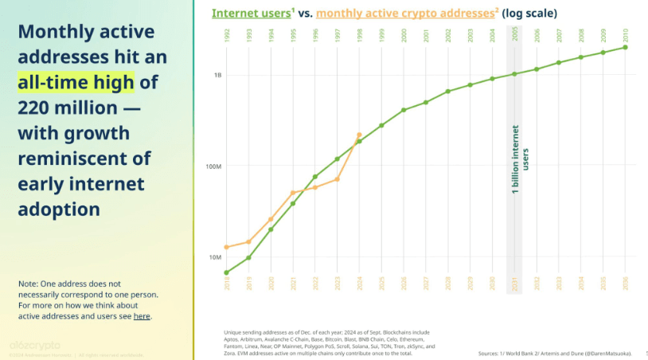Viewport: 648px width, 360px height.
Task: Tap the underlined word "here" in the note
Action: [x=141, y=316]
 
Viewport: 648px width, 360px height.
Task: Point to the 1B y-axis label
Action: [x=217, y=75]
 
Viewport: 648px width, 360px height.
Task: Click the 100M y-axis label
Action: [x=213, y=166]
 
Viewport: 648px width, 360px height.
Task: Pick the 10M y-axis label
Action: [x=215, y=257]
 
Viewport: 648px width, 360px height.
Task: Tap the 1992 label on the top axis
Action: [x=227, y=35]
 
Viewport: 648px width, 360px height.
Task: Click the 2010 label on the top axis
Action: [x=625, y=35]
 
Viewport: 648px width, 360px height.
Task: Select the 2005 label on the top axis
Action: [x=515, y=35]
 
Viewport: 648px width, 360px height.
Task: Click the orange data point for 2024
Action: [x=359, y=135]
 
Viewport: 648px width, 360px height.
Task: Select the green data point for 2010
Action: [x=625, y=47]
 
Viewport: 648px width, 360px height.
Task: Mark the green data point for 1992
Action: [x=227, y=272]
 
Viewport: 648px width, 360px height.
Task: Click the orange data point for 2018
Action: [x=227, y=247]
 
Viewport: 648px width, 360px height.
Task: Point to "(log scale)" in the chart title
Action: [x=529, y=14]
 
